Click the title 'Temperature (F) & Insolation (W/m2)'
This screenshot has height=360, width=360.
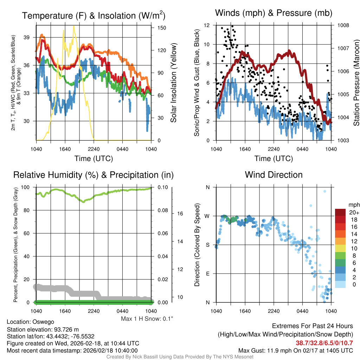click(x=94, y=15)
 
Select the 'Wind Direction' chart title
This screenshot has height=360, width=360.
click(x=274, y=175)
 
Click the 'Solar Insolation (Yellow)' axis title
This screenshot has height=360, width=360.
click(x=173, y=83)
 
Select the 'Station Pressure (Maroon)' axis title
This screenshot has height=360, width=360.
click(x=355, y=83)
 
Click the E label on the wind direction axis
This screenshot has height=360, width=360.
click(x=208, y=274)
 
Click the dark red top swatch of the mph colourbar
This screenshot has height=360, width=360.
click(x=340, y=212)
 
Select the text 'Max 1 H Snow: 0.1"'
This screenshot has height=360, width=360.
click(x=147, y=319)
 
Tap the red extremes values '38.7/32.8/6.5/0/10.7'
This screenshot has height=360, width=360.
click(x=324, y=343)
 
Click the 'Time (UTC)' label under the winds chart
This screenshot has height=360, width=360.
click(x=274, y=159)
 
